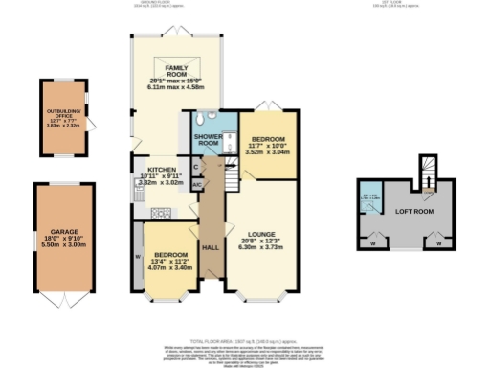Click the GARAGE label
pyautogui.click(x=65, y=231)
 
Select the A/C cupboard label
pyautogui.click(x=195, y=182)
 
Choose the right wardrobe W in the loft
pyautogui.click(x=437, y=241)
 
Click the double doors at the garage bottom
pyautogui.click(x=65, y=299)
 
